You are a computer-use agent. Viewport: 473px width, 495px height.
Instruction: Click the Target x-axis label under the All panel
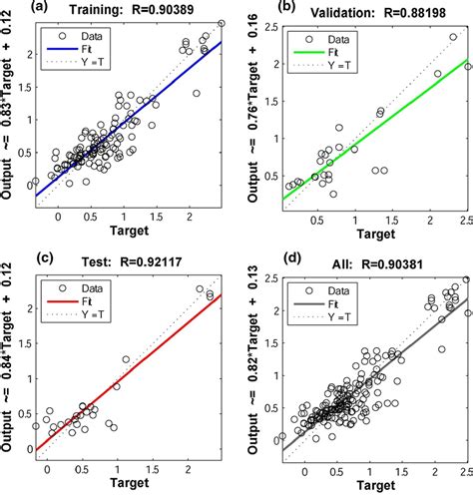[x=376, y=485]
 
